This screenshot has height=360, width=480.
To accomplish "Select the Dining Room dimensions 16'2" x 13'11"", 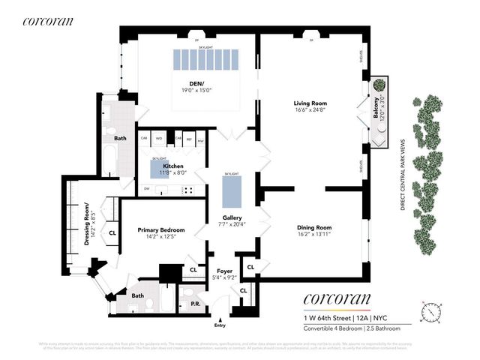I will (314, 234).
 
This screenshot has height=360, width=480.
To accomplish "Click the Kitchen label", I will (174, 166).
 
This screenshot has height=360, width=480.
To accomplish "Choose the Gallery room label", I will (232, 217).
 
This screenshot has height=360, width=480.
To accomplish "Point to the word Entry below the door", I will (219, 325).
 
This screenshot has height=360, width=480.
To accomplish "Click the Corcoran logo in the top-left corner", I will (48, 21).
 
